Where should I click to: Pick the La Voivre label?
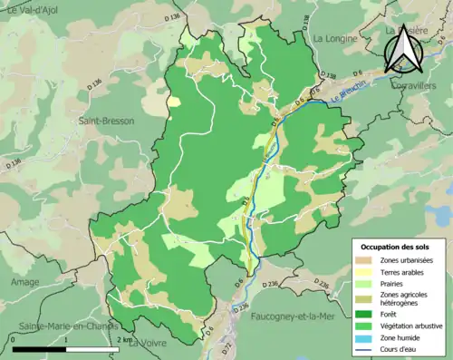147,344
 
